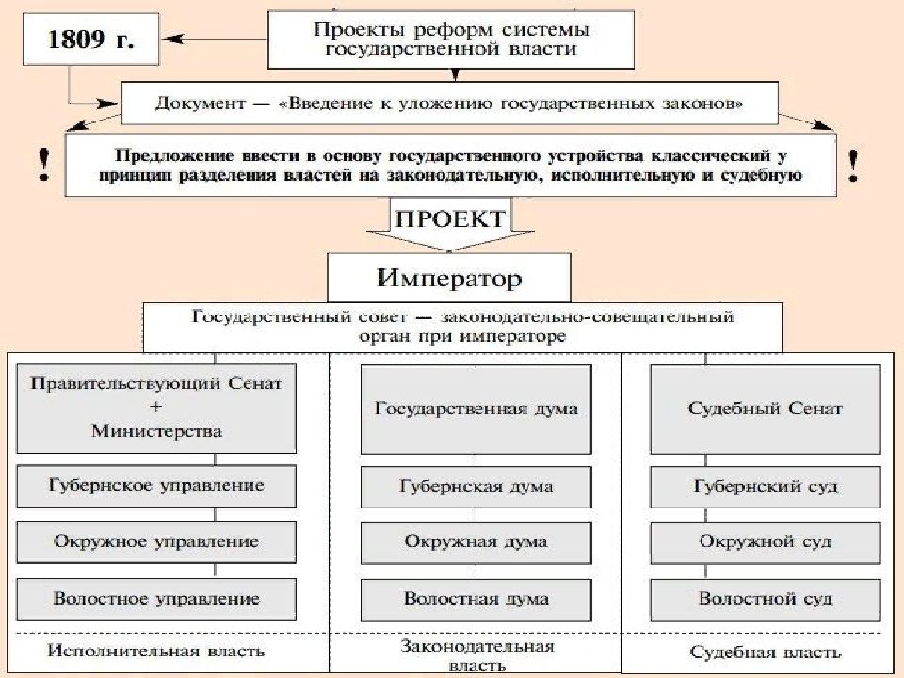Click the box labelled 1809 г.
90,40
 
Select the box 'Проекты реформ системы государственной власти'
451,40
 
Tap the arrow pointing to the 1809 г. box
215,40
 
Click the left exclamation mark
44,165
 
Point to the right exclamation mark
854,166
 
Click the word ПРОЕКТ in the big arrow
450,219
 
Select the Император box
449,278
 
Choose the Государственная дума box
476,410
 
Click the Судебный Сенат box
765,410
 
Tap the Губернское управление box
156,486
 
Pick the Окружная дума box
476,542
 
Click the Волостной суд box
765,600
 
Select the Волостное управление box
156,599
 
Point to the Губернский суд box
765,487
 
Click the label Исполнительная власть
155,651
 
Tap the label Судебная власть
765,652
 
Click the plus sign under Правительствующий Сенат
155,407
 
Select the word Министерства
156,431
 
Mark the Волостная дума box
476,600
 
